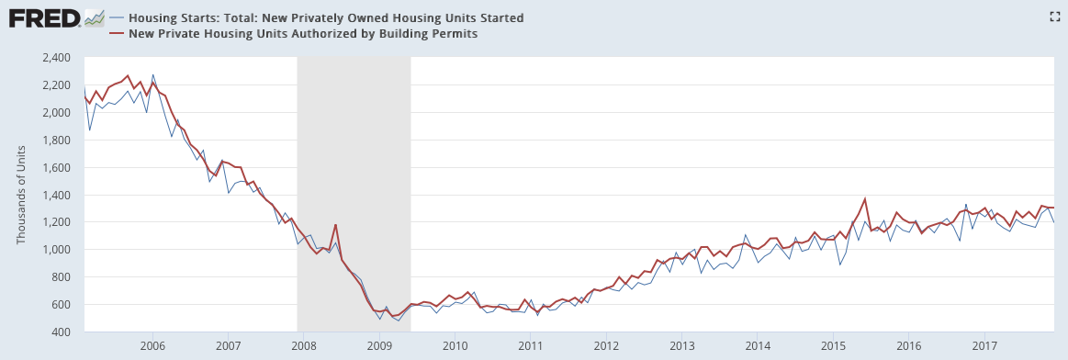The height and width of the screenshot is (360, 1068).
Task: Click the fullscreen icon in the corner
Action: point(1055,17)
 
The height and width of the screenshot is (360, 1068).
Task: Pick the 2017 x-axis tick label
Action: point(985,345)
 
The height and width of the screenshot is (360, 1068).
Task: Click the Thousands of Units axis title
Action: point(21,196)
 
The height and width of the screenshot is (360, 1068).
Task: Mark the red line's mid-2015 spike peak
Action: point(864,198)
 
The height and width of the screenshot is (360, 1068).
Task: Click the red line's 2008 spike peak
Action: point(336,225)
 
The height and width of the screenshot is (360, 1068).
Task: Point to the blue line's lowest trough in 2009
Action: point(399,321)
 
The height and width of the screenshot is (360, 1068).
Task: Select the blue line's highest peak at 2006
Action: point(152,75)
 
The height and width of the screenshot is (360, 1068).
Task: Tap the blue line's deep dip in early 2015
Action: point(840,264)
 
